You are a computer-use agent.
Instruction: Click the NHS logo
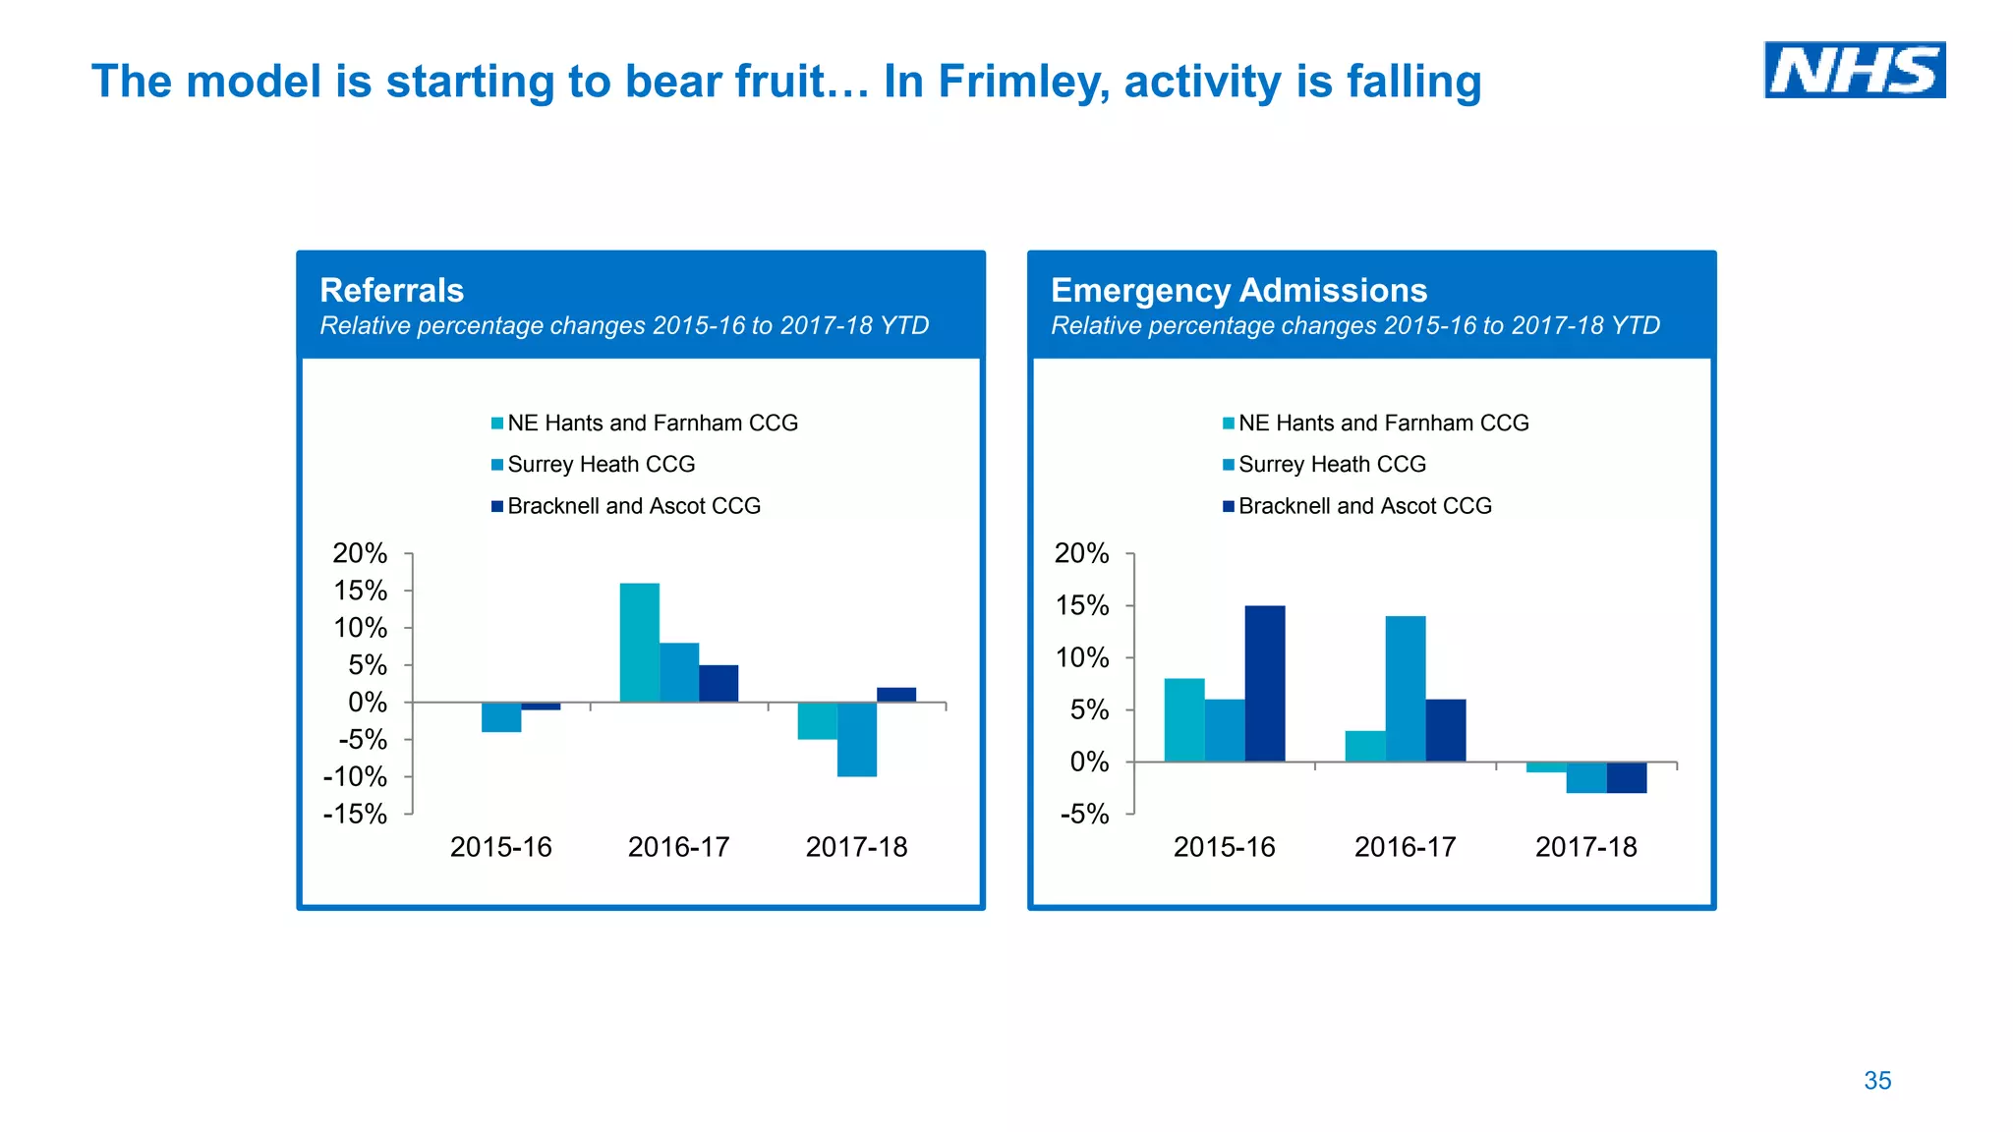1854,70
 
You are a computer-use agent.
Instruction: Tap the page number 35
1876,1081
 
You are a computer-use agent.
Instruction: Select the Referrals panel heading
391,291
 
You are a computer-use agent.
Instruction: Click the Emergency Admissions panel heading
1238,291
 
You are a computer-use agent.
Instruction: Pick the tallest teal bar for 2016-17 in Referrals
639,643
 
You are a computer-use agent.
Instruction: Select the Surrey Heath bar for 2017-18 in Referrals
857,739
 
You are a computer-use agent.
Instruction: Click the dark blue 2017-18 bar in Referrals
896,695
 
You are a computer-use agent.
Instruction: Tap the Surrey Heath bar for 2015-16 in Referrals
501,717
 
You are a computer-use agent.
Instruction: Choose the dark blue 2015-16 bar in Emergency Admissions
1265,683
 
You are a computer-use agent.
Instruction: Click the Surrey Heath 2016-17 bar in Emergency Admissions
1406,688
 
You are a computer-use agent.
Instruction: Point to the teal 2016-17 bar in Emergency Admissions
1365,746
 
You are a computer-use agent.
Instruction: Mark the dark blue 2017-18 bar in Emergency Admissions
1627,777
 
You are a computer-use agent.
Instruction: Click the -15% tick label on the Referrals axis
355,815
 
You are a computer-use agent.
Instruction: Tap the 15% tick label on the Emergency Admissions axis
1081,606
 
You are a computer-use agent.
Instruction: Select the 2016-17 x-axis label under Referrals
678,847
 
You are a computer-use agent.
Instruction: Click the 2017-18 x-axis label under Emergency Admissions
1585,847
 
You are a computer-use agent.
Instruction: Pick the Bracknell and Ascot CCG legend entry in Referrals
633,506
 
